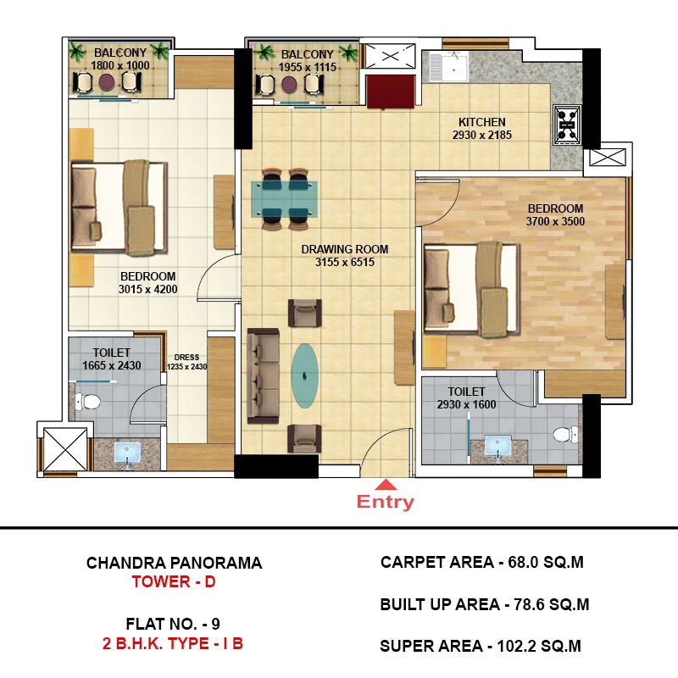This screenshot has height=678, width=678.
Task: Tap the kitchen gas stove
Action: pyautogui.click(x=567, y=125)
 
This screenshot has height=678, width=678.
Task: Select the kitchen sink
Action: pyautogui.click(x=448, y=68)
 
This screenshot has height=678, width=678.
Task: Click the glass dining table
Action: pyautogui.click(x=285, y=198)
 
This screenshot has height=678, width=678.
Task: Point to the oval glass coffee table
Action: pyautogui.click(x=305, y=375)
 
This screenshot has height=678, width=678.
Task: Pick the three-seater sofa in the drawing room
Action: pyautogui.click(x=263, y=375)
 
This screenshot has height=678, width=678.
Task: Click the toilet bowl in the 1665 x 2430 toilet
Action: pyautogui.click(x=88, y=401)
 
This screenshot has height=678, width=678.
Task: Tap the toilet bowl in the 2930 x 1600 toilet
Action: pyautogui.click(x=565, y=434)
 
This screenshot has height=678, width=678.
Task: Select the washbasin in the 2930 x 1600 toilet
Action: pyautogui.click(x=497, y=447)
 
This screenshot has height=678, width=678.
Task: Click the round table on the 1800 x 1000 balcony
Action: pyautogui.click(x=107, y=81)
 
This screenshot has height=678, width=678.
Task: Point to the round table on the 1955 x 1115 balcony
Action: pyautogui.click(x=289, y=85)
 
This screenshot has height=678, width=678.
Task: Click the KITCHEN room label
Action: pyautogui.click(x=481, y=122)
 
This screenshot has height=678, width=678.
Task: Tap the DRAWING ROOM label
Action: pyautogui.click(x=345, y=249)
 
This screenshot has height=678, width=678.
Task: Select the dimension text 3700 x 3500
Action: pyautogui.click(x=555, y=221)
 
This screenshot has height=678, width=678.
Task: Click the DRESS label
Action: pyautogui.click(x=186, y=358)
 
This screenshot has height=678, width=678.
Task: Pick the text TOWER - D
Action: pyautogui.click(x=174, y=581)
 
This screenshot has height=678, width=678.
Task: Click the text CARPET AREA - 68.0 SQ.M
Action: pyautogui.click(x=482, y=562)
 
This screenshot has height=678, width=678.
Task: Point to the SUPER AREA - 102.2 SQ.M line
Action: pyautogui.click(x=481, y=646)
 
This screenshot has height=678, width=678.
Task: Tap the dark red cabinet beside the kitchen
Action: pyautogui.click(x=391, y=92)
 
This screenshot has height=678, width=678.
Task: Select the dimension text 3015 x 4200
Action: pyautogui.click(x=147, y=289)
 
